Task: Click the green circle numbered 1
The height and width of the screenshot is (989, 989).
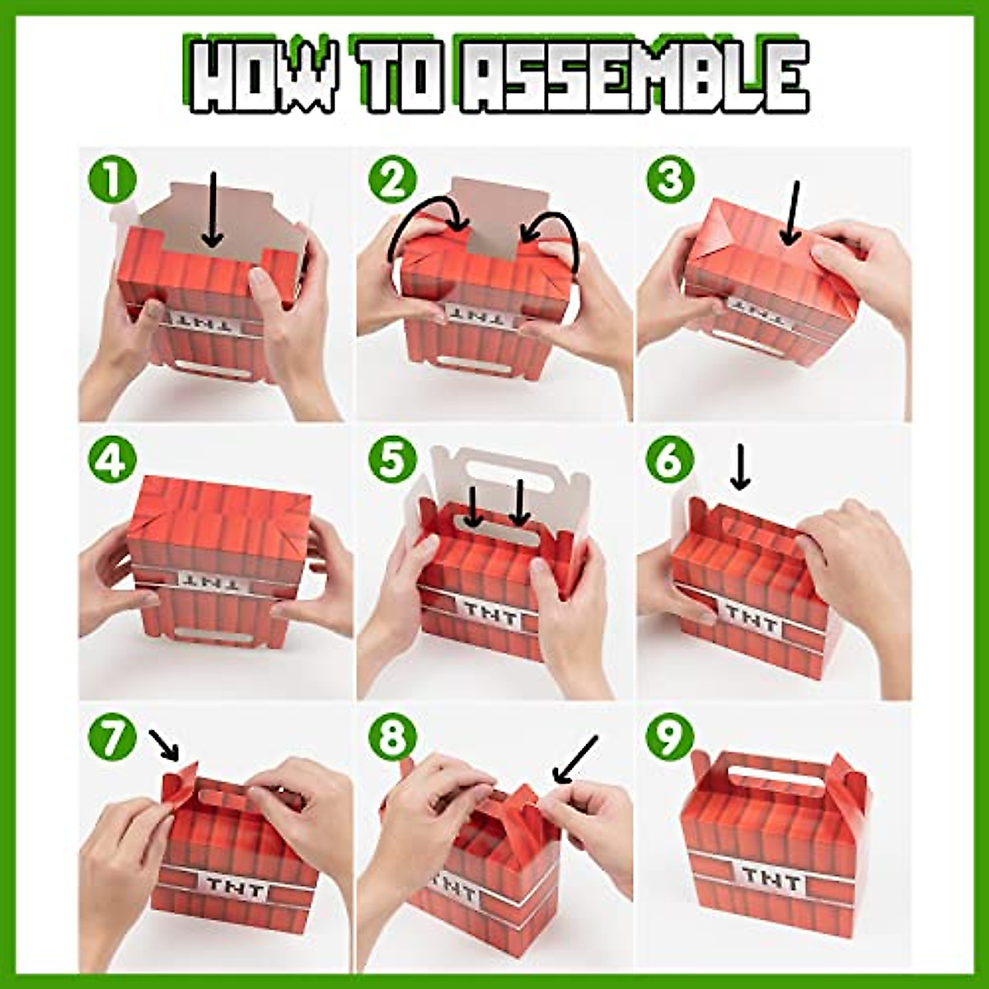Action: coord(112,180)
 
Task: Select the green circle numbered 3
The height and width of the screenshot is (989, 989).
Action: coord(670,180)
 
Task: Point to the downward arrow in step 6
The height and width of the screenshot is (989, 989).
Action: coord(739,468)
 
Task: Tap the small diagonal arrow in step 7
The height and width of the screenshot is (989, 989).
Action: coord(164,745)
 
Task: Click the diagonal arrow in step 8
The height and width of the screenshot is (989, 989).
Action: coord(575,759)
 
